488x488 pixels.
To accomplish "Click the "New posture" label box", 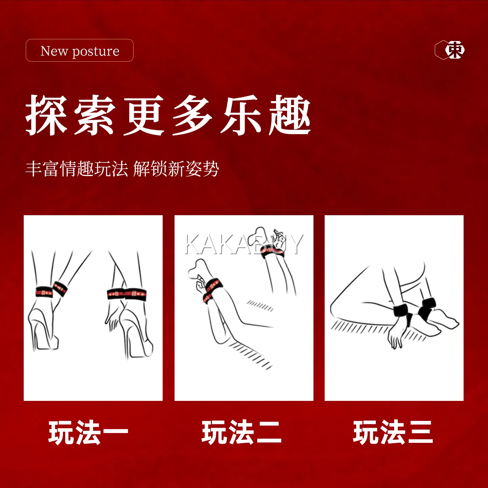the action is [80, 50].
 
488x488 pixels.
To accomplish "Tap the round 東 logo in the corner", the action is [455, 50].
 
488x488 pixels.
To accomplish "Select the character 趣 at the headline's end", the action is [290, 115].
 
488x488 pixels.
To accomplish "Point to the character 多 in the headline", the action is [192, 115].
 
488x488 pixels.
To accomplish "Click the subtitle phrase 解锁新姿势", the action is [176, 169].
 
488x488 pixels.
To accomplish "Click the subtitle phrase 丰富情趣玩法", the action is [77, 169].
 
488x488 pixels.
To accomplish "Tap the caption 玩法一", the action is [88, 433].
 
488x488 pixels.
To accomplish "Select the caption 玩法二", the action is [242, 433].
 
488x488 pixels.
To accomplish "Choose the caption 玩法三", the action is [393, 433].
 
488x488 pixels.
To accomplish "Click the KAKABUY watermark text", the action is [244, 244].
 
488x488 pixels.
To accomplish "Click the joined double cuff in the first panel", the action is [127, 294].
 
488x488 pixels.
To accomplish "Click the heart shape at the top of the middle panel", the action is [256, 236].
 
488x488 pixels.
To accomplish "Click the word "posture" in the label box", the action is [96, 52].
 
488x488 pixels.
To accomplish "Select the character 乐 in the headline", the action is [241, 115].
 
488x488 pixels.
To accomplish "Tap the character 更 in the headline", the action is [144, 115].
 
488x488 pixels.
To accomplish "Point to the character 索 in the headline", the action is [95, 115].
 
